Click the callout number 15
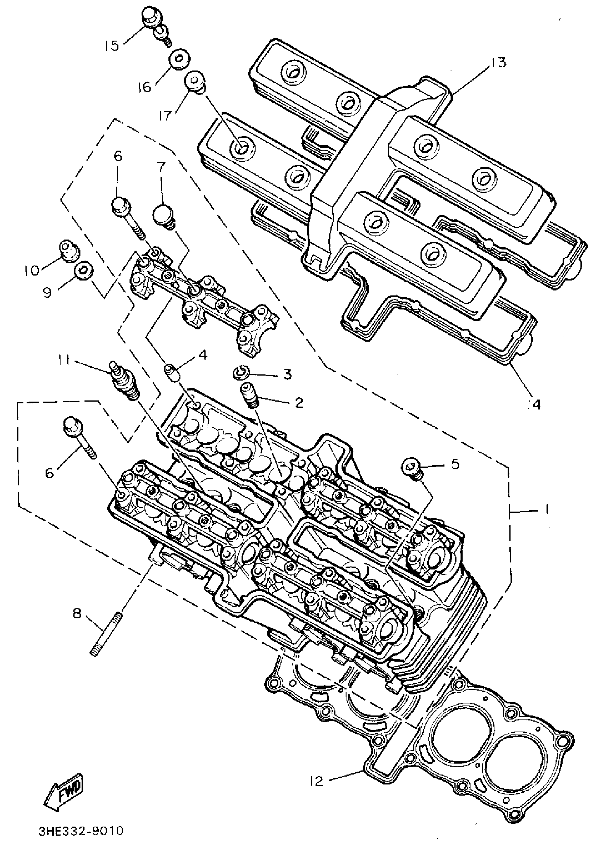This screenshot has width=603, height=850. point(112,46)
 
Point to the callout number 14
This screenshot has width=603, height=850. point(533,404)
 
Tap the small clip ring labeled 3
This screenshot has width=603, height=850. point(241,372)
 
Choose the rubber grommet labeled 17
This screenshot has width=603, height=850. point(195,81)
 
